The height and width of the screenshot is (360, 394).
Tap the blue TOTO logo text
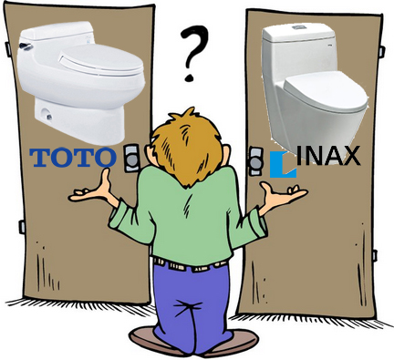point(73,157)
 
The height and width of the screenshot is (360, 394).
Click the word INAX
point(328,156)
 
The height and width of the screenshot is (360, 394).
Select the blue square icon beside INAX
point(283,164)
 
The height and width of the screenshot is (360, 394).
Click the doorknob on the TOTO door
point(132,159)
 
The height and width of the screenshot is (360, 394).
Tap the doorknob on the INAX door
point(256,161)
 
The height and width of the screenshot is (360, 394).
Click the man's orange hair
point(188,147)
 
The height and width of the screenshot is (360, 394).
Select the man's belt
point(190,265)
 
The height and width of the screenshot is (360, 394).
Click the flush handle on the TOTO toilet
point(26,46)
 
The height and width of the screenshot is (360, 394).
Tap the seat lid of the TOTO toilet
point(101,60)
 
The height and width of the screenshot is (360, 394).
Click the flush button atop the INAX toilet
point(298,27)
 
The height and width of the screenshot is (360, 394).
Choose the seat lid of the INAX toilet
point(326,88)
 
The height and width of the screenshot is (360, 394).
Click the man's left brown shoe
point(152,340)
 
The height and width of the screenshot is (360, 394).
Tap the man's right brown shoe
point(235,342)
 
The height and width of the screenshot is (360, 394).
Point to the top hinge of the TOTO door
point(7,48)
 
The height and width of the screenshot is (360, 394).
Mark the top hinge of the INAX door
point(382,52)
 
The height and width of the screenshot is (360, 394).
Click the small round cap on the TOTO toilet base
point(48,117)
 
